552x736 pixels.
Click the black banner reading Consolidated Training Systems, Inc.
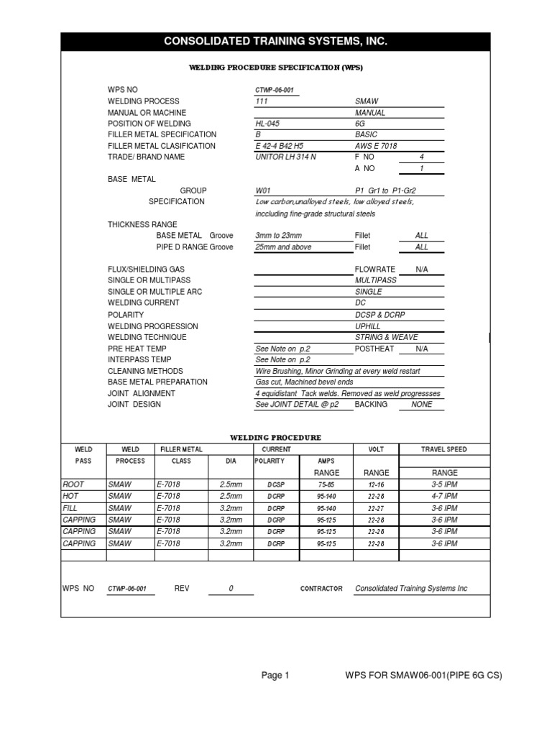tap(275, 42)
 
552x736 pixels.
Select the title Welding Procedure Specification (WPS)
tap(275, 68)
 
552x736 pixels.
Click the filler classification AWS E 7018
tap(378, 146)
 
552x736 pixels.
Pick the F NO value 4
tap(421, 157)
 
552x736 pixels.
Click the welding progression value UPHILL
tap(367, 326)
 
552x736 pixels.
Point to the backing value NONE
tap(421, 405)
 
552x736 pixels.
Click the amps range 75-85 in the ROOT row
tap(326, 485)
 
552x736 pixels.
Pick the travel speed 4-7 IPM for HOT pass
tap(444, 496)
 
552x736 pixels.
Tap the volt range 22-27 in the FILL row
tap(376, 507)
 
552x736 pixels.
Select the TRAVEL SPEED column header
tap(443, 449)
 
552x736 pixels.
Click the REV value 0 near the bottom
tap(231, 588)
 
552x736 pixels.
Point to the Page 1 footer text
tap(275, 675)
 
